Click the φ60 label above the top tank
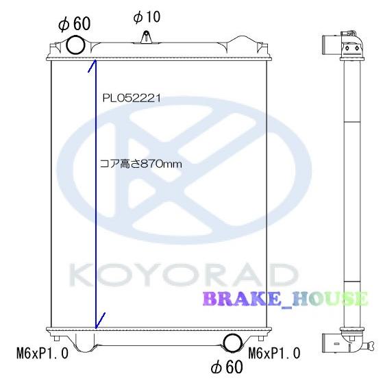[75, 23]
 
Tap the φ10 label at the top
[147, 16]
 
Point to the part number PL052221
[132, 98]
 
